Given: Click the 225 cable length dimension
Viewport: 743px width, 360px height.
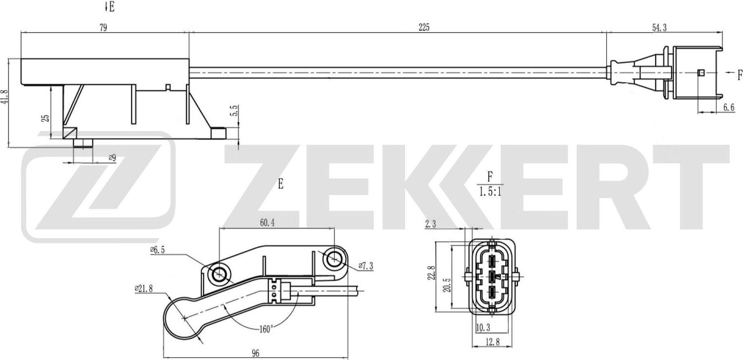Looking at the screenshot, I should pyautogui.click(x=424, y=28).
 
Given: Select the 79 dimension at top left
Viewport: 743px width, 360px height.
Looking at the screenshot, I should pyautogui.click(x=103, y=28).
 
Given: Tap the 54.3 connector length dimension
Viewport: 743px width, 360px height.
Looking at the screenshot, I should pyautogui.click(x=659, y=28).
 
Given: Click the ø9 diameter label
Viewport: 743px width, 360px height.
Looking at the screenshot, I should pyautogui.click(x=112, y=158).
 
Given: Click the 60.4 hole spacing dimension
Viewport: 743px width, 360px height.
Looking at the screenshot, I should pyautogui.click(x=267, y=223).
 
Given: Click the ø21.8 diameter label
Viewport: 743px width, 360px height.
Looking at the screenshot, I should pyautogui.click(x=143, y=288).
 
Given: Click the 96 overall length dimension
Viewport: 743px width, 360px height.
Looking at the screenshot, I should pyautogui.click(x=255, y=353).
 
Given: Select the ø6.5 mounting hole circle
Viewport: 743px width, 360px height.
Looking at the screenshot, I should pyautogui.click(x=218, y=272).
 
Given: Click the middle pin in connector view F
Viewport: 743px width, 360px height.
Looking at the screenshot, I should pyautogui.click(x=492, y=276).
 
